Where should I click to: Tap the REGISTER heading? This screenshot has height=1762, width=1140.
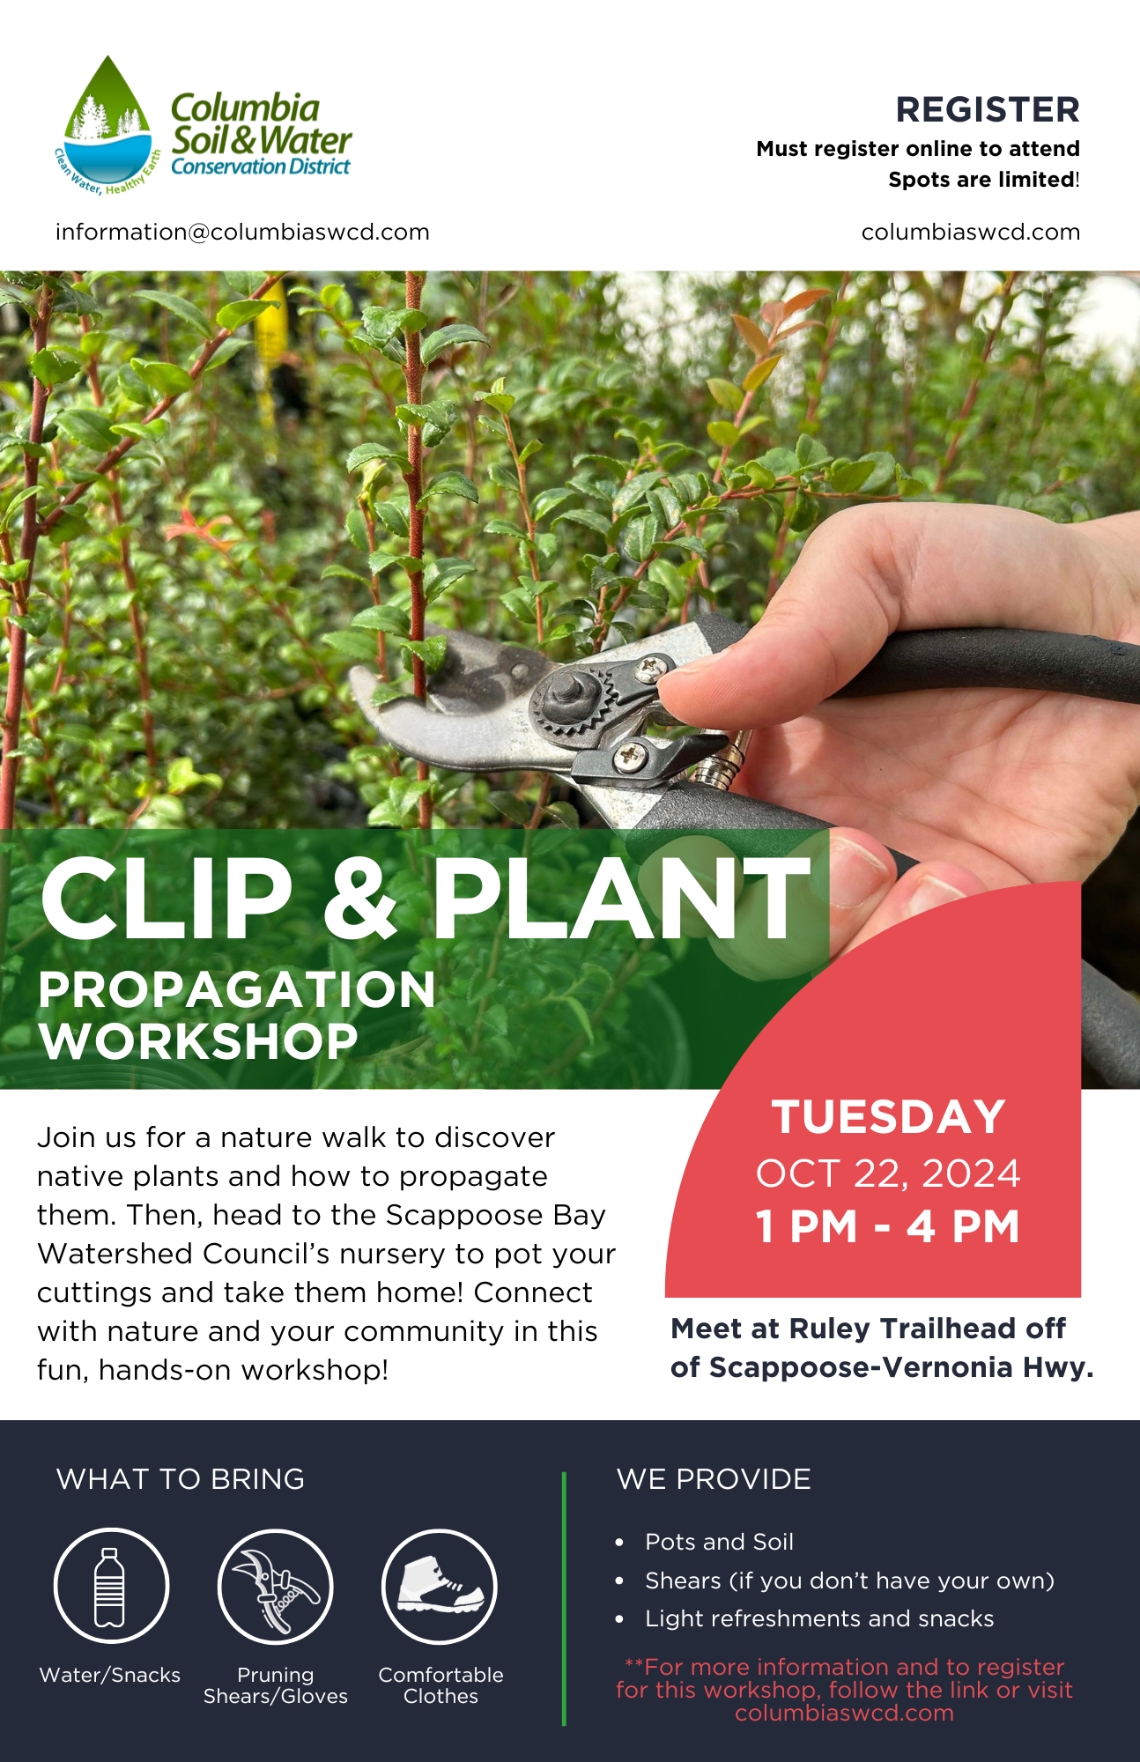tap(988, 110)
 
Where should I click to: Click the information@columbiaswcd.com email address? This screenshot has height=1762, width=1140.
tap(242, 232)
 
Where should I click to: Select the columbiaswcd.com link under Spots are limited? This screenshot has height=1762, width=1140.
tap(970, 232)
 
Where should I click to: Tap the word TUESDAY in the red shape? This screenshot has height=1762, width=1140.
tap(889, 1117)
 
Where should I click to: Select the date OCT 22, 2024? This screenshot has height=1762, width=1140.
tap(888, 1173)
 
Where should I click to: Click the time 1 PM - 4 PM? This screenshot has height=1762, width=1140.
tap(888, 1226)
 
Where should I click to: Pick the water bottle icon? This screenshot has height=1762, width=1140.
tap(110, 1587)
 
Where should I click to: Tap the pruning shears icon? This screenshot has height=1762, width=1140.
tap(275, 1587)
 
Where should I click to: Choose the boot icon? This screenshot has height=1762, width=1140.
tap(440, 1586)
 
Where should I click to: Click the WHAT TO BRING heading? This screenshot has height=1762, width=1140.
tap(181, 1479)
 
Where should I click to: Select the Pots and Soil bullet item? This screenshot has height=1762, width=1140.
tap(719, 1542)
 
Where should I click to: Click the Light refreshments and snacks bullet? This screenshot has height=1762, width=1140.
tap(819, 1618)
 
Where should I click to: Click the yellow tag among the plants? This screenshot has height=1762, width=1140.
tap(270, 328)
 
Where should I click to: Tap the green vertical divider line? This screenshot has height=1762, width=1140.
tap(564, 1598)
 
